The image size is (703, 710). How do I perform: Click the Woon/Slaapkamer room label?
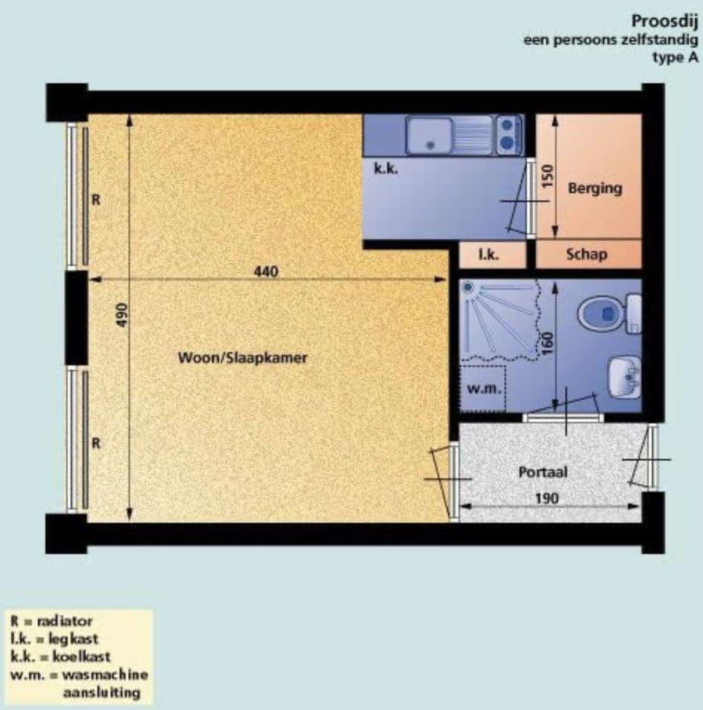tap(242, 358)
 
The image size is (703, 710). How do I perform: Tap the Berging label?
tap(595, 189)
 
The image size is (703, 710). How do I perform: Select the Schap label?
tap(586, 254)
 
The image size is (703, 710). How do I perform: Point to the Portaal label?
tap(542, 472)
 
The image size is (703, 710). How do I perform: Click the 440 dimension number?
tap(266, 272)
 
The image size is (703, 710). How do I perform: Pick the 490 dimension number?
tap(122, 315)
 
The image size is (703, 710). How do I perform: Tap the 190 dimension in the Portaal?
tap(547, 498)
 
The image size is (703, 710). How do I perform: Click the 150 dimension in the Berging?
tap(548, 176)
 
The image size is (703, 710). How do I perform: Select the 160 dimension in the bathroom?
tap(547, 344)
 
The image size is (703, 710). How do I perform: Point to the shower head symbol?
tap(467, 287)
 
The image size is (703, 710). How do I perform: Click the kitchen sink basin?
tap(429, 135)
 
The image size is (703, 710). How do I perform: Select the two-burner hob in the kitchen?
tap(508, 134)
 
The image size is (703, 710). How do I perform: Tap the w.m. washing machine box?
tap(483, 388)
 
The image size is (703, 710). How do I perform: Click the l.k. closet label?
tap(489, 255)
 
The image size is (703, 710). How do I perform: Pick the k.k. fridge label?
tap(386, 169)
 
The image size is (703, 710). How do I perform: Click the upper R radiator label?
tap(96, 200)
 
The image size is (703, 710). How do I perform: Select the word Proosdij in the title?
tap(665, 22)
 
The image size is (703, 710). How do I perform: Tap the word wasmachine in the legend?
tap(105, 674)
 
